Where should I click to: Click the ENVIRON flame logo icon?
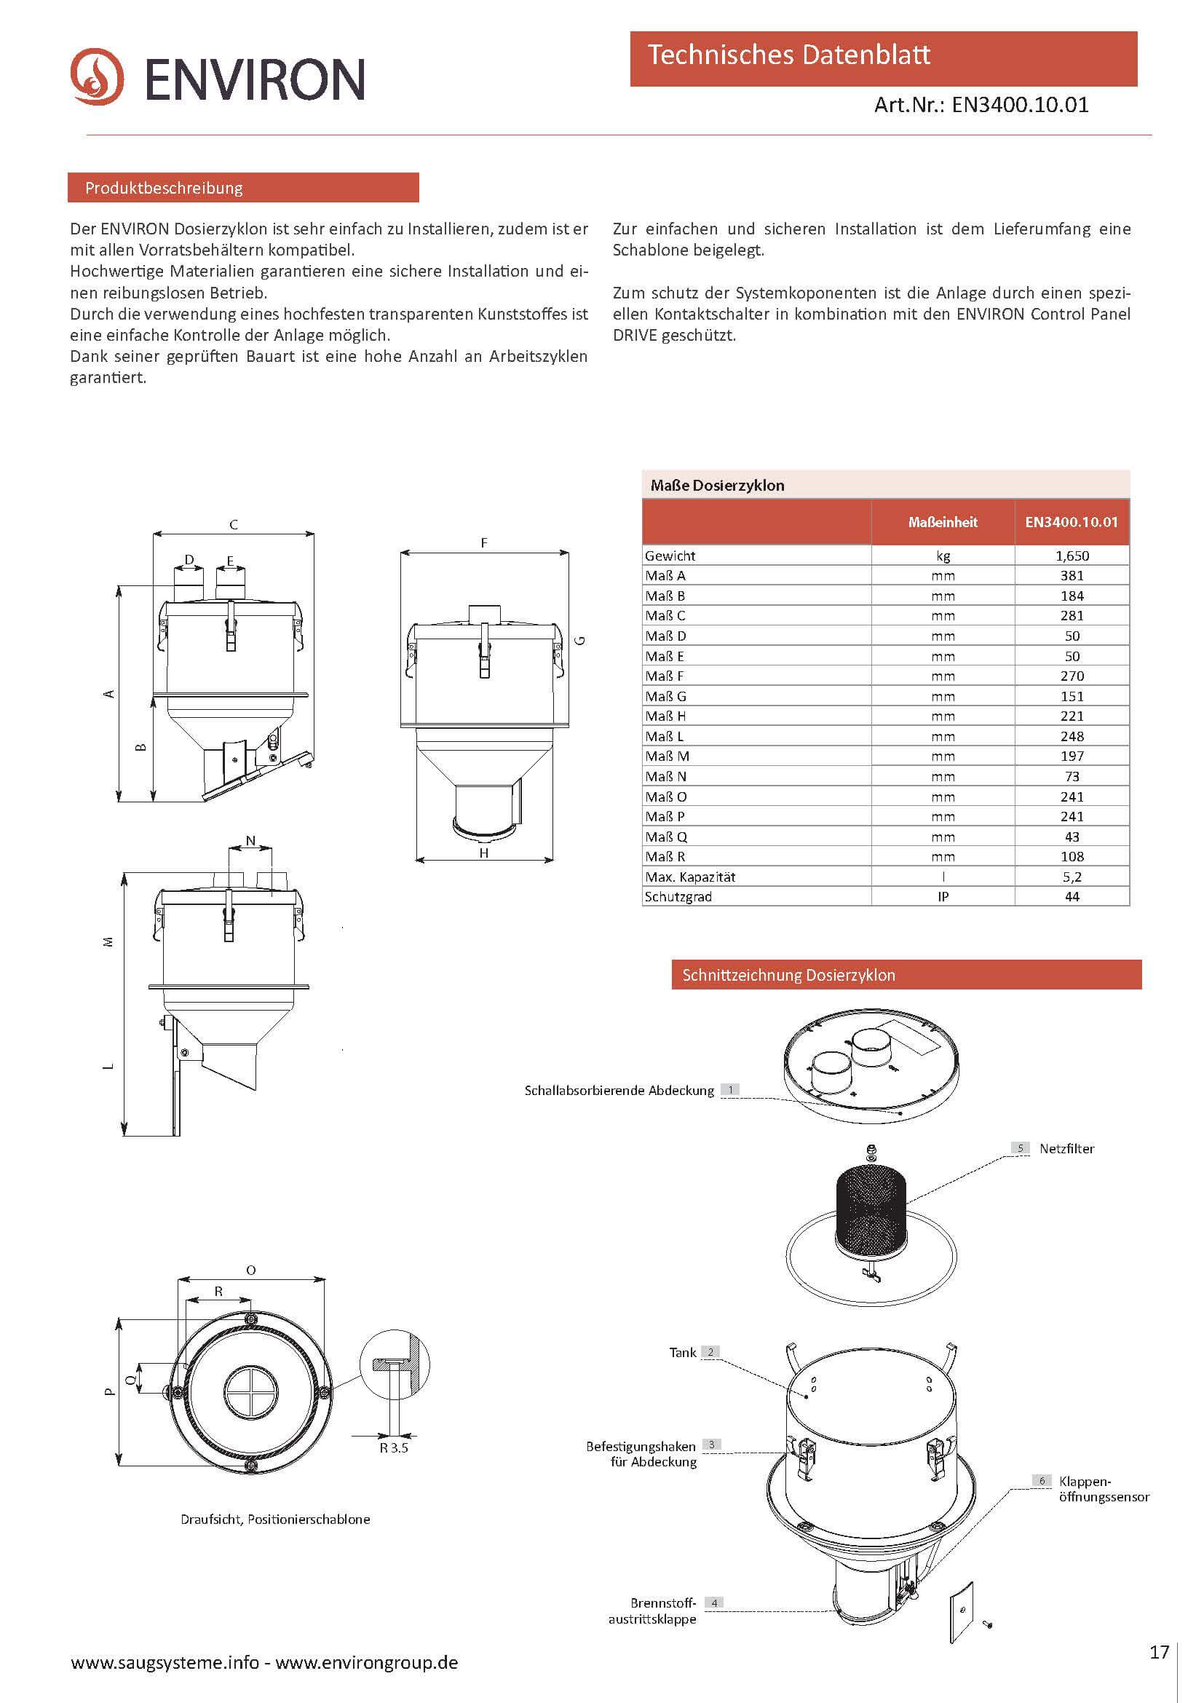(97, 76)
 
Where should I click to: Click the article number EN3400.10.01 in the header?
(1019, 106)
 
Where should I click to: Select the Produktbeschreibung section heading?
(164, 189)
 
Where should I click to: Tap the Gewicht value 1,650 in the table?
(1072, 556)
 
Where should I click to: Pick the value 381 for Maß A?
(1072, 576)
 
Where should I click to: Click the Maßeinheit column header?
(942, 522)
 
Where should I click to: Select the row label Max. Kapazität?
(689, 877)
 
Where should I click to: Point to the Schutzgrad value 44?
(1072, 897)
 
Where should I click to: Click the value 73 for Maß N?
(1072, 777)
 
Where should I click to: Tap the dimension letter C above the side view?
(234, 525)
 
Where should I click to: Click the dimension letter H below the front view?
(483, 854)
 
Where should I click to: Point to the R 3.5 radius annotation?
(394, 1448)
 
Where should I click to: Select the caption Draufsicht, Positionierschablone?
(275, 1519)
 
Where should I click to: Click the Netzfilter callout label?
(1066, 1148)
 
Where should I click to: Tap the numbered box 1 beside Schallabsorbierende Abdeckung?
(730, 1090)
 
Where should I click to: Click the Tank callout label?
(682, 1352)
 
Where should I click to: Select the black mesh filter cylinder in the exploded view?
(871, 1209)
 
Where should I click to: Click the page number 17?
(1159, 1652)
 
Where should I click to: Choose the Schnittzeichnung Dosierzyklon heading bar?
(906, 975)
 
